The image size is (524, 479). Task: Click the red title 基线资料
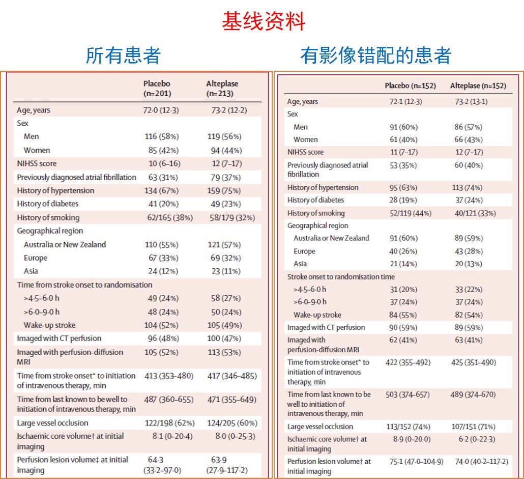click(x=263, y=21)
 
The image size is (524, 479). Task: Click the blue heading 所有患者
click(x=123, y=55)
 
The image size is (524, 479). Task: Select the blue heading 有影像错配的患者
click(x=375, y=55)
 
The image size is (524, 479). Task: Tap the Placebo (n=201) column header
click(x=157, y=89)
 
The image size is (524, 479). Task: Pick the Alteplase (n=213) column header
click(x=222, y=89)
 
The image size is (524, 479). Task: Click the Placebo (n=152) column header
click(x=410, y=86)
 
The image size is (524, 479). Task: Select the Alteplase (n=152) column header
click(x=478, y=86)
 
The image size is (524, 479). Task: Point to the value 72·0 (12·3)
click(x=161, y=110)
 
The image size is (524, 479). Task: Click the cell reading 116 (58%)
click(x=162, y=136)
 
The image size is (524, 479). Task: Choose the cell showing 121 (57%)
click(x=224, y=244)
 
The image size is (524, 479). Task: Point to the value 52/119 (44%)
click(x=411, y=213)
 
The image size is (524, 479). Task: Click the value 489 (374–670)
click(x=479, y=395)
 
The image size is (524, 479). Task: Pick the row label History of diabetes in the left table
click(x=48, y=204)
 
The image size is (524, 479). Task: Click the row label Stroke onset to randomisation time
click(x=341, y=277)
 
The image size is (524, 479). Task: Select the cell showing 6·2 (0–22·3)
click(x=475, y=439)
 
